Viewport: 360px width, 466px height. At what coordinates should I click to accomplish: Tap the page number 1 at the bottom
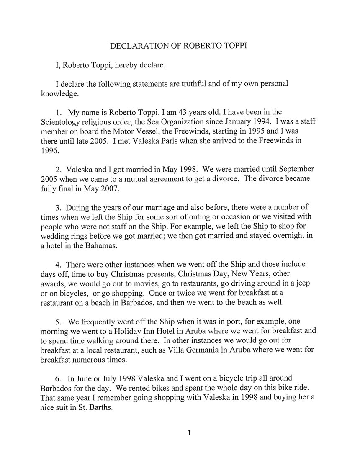pyautogui.click(x=189, y=433)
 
